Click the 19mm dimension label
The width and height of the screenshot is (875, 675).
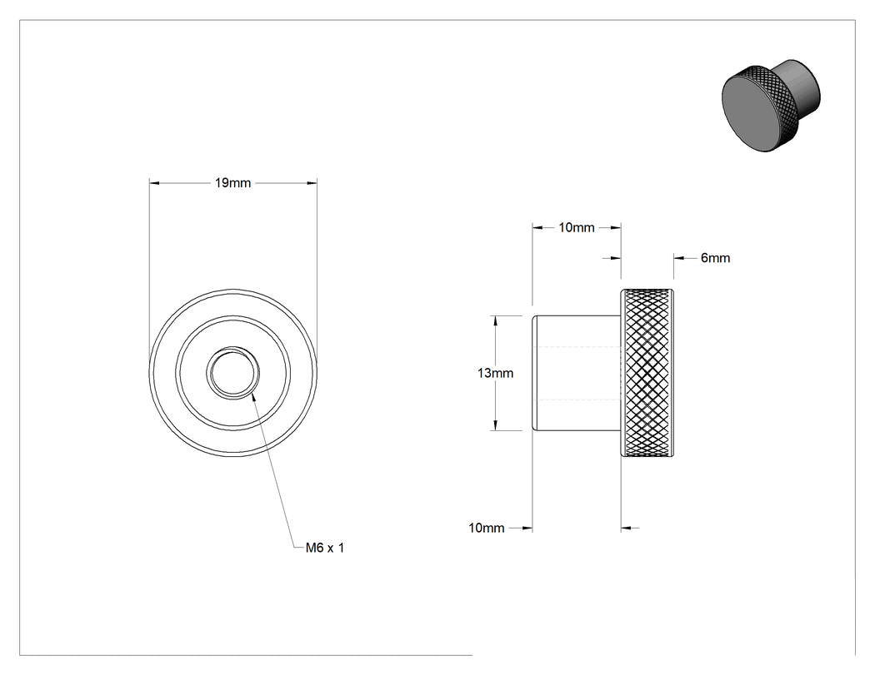coord(232,183)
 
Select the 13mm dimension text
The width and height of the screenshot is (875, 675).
coord(495,373)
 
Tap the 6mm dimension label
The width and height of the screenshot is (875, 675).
coord(715,258)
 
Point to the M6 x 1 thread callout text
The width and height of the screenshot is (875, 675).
coord(325,548)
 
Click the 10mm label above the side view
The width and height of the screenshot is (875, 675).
coord(577,227)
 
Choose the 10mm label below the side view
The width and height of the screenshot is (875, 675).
coord(486,528)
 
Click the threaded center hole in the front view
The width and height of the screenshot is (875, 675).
coord(233,372)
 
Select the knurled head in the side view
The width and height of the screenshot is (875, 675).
coord(647,373)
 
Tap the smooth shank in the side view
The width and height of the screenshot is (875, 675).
coord(577,373)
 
